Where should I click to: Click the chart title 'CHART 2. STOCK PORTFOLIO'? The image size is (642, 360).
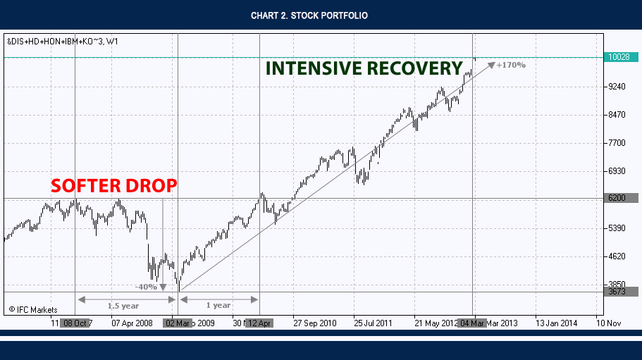point(309,15)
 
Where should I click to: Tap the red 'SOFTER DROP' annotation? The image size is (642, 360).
point(113,186)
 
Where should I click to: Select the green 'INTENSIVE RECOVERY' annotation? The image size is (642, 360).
point(364,68)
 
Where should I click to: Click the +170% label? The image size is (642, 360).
point(511,65)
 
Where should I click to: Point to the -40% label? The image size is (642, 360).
point(147,287)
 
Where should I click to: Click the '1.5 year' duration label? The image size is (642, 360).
point(123,305)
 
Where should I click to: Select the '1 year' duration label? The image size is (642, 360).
point(218,305)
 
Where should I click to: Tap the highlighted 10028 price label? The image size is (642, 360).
point(621,58)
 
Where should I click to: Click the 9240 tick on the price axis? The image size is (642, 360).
point(617,87)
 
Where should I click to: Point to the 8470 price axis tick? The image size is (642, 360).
point(617,115)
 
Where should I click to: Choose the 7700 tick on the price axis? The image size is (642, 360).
point(617,143)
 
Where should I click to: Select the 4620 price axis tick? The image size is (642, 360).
point(617,256)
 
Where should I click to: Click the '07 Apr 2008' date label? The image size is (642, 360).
point(133,323)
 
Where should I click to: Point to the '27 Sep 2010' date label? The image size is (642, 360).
point(314,323)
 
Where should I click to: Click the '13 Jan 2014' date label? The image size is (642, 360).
point(556,323)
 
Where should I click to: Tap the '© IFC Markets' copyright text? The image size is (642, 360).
point(32,309)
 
